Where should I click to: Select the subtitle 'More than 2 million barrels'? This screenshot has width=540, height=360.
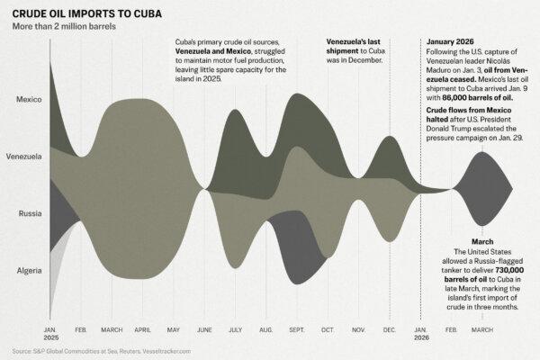[64, 27]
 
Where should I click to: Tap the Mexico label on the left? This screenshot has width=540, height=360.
[27, 99]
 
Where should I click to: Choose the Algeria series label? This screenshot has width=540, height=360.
[27, 270]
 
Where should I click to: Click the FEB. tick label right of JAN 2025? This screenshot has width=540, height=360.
[79, 328]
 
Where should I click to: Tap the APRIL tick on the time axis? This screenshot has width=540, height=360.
[143, 328]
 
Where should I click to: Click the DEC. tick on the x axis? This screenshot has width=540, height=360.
[390, 328]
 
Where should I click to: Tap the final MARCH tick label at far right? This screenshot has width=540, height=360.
[483, 328]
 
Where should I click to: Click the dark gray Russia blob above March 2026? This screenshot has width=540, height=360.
[481, 189]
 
